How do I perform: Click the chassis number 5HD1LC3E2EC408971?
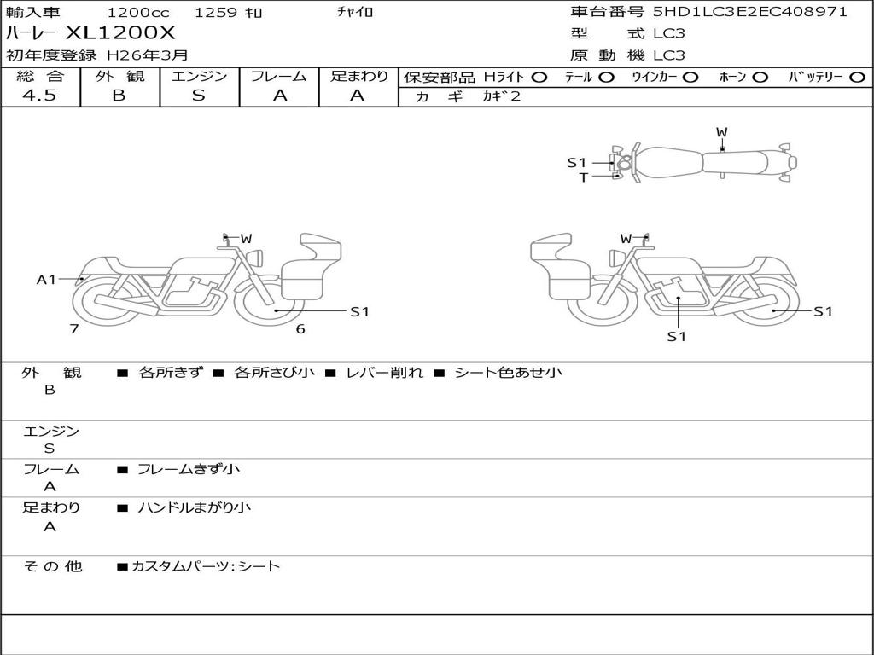tap(749, 11)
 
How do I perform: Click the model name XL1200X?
tap(120, 33)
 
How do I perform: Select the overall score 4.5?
tap(39, 96)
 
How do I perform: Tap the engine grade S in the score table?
tap(199, 96)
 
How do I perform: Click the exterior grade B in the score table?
tap(119, 96)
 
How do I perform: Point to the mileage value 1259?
tap(217, 12)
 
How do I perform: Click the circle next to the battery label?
tap(857, 78)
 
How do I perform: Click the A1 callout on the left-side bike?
tap(46, 279)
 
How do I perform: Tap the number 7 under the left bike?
tap(74, 328)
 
